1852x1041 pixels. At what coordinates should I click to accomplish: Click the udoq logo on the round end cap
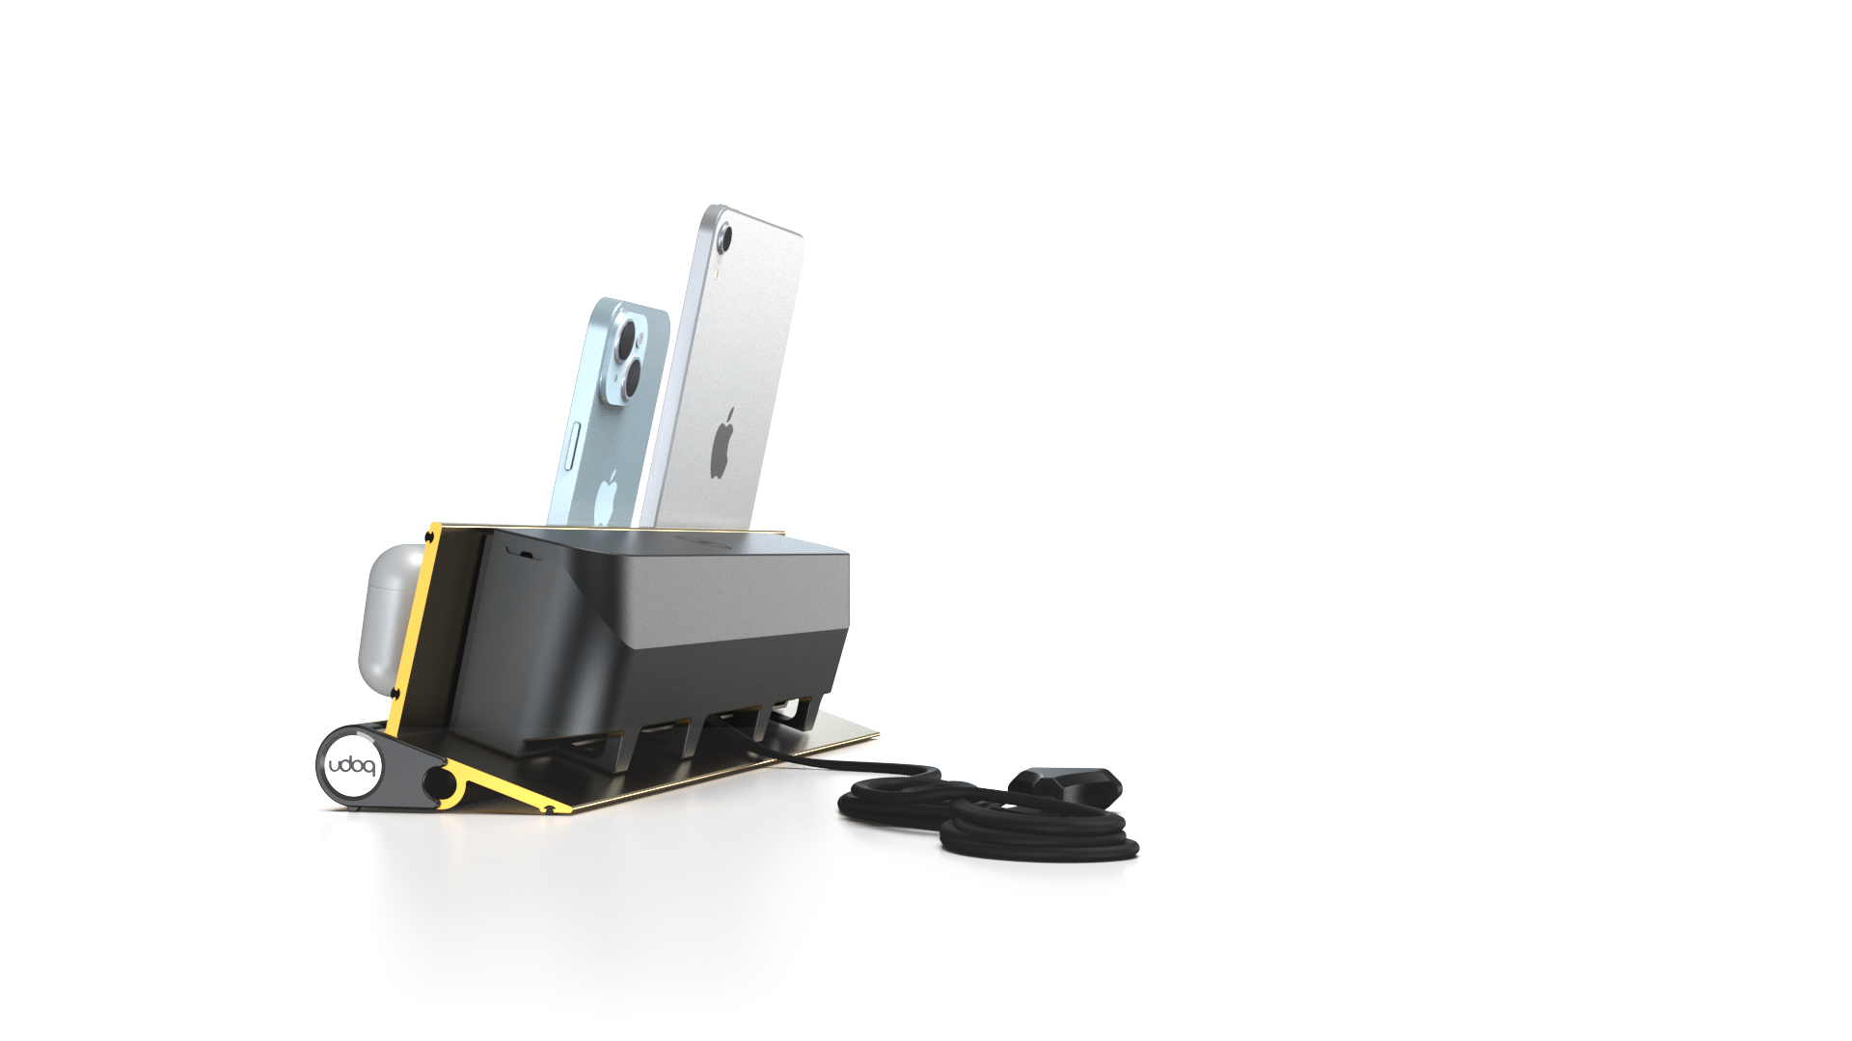pyautogui.click(x=351, y=767)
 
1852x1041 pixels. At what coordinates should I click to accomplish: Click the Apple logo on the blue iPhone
pyautogui.click(x=607, y=497)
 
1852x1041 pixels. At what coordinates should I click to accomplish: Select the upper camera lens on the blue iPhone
pyautogui.click(x=628, y=340)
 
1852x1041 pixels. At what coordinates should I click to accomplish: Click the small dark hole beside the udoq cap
pyautogui.click(x=439, y=784)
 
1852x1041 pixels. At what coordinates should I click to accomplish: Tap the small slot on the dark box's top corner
pyautogui.click(x=523, y=553)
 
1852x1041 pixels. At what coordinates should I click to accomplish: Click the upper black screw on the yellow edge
pyautogui.click(x=429, y=535)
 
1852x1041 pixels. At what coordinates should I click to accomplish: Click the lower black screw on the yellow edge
pyautogui.click(x=396, y=693)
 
